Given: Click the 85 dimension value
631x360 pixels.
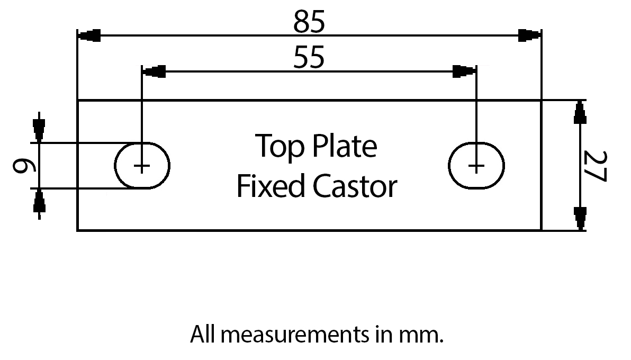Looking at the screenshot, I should pyautogui.click(x=309, y=23).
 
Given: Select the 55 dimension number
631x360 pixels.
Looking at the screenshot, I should pyautogui.click(x=309, y=58).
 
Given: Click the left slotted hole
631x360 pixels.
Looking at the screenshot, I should pyautogui.click(x=142, y=165).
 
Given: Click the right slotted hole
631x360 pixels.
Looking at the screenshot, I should pyautogui.click(x=476, y=165).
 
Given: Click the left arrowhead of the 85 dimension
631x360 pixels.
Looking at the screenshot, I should pyautogui.click(x=89, y=37).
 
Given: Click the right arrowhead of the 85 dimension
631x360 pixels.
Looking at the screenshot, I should pyautogui.click(x=530, y=36).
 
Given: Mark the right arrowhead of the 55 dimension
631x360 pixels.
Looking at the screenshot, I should pyautogui.click(x=464, y=71).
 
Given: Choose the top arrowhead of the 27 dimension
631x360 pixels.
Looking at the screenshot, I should pyautogui.click(x=580, y=112).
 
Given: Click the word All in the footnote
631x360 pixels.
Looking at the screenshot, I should pyautogui.click(x=203, y=335).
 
